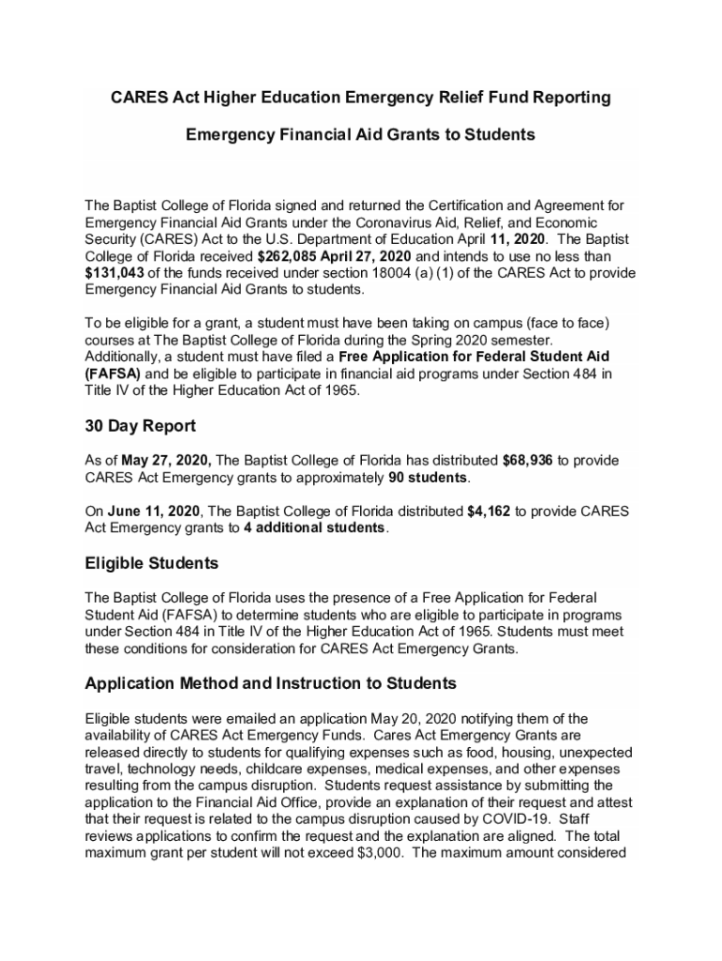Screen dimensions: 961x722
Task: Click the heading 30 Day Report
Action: tap(141, 426)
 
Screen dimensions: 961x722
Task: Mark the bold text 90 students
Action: tap(429, 478)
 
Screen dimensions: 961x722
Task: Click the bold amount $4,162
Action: tap(489, 511)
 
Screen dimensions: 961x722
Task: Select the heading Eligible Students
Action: tap(152, 564)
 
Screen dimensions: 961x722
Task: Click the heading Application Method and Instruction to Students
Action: tap(271, 682)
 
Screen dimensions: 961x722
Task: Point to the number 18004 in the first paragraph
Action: tap(341, 272)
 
